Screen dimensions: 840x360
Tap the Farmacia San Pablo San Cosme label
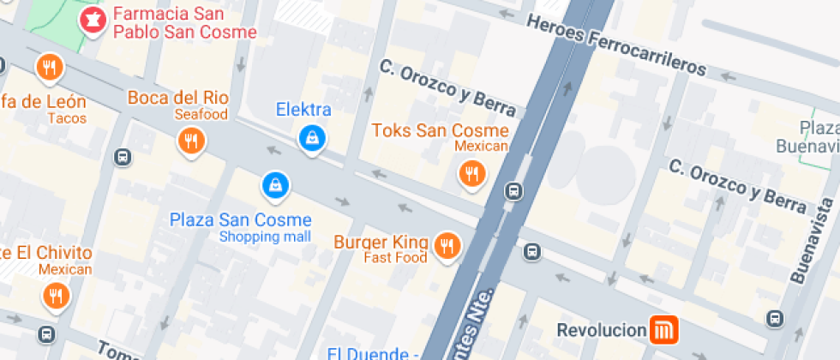pyautogui.click(x=184, y=23)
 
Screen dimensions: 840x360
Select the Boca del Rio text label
pyautogui.click(x=177, y=97)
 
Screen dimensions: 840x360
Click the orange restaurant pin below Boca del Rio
pyautogui.click(x=191, y=141)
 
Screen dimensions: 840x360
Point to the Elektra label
pyautogui.click(x=303, y=110)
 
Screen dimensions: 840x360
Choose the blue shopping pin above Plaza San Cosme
pyautogui.click(x=275, y=183)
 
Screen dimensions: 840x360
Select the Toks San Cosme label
pyautogui.click(x=440, y=130)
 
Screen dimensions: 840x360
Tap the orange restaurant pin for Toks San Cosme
pyautogui.click(x=471, y=175)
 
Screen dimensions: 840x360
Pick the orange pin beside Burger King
pyautogui.click(x=446, y=246)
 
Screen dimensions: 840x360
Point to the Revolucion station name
pyautogui.click(x=601, y=330)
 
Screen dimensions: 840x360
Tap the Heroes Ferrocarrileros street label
pyautogui.click(x=617, y=45)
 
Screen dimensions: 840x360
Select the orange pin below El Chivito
pyautogui.click(x=56, y=297)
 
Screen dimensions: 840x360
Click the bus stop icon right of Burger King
pyautogui.click(x=532, y=252)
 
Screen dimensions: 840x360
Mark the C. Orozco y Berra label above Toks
pyautogui.click(x=447, y=87)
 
